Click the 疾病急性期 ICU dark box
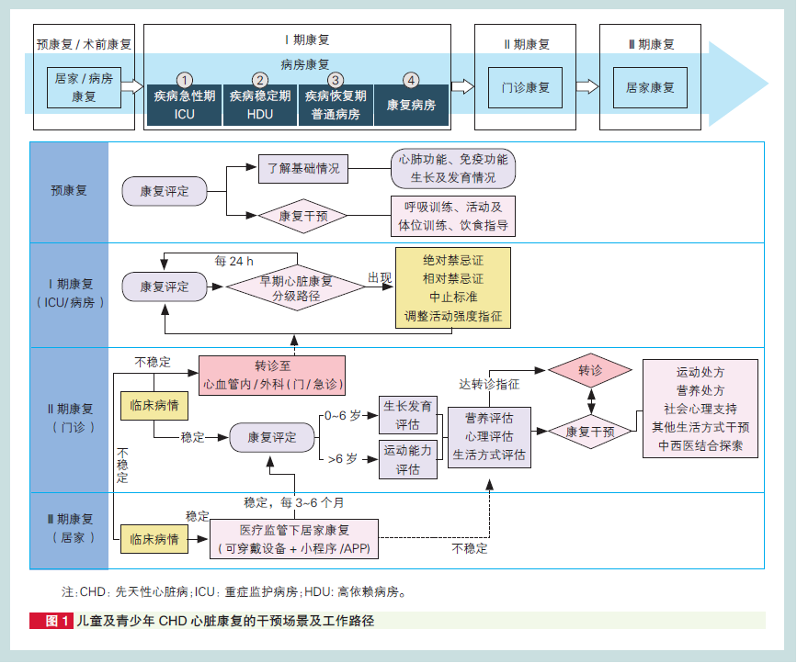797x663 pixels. click(x=184, y=105)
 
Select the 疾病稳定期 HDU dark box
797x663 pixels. click(x=260, y=105)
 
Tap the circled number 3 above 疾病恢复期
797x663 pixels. click(x=336, y=80)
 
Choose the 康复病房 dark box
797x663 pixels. click(x=411, y=105)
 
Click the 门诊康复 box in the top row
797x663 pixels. click(x=525, y=88)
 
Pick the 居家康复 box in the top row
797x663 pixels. click(x=650, y=88)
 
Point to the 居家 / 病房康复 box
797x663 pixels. click(x=84, y=87)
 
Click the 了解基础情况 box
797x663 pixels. click(x=303, y=168)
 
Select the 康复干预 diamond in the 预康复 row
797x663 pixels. click(x=300, y=217)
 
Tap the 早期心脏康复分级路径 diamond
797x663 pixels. click(x=296, y=288)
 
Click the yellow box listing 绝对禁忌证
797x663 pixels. click(x=453, y=288)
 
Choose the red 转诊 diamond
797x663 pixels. click(x=590, y=371)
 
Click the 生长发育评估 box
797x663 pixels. click(x=407, y=414)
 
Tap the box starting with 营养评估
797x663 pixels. click(x=489, y=435)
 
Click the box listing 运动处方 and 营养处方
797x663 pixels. click(x=700, y=410)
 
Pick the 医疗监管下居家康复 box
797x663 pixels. click(x=294, y=540)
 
